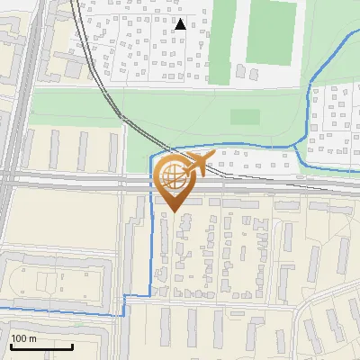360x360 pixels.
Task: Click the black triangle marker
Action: pos(181,24)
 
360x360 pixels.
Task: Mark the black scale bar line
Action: pos(41,346)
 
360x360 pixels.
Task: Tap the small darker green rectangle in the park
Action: pos(245,116)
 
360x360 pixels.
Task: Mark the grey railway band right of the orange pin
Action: pos(270,182)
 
